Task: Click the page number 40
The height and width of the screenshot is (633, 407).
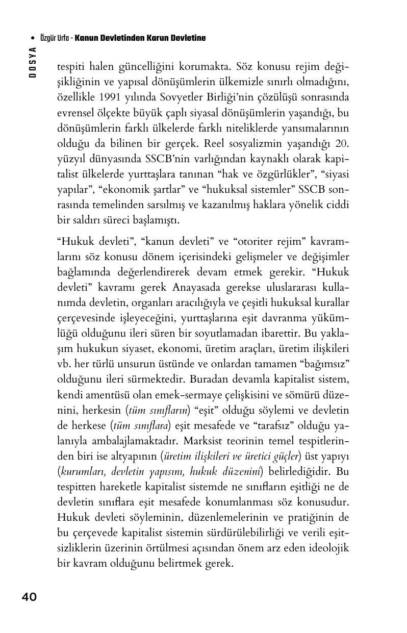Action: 29,597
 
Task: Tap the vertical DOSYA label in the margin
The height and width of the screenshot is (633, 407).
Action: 33,62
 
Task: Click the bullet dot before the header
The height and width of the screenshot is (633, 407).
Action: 33,38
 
